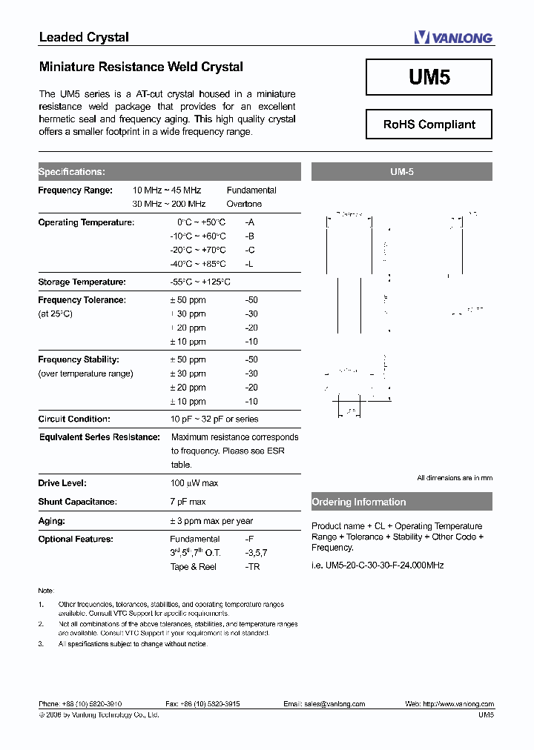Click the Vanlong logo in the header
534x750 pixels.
coord(452,37)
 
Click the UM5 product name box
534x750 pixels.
coord(429,77)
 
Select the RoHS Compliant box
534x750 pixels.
coord(429,125)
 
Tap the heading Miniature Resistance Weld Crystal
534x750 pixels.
coord(141,67)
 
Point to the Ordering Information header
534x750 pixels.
coord(359,502)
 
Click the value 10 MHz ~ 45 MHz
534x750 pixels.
coord(167,190)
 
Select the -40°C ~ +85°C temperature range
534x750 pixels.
coord(197,264)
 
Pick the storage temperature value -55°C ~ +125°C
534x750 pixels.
coord(200,282)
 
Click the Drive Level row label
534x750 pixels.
coord(62,483)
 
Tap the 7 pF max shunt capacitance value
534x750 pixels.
coord(188,502)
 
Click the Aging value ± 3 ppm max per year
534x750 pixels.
coord(211,521)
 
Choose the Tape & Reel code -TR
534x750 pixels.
coord(252,566)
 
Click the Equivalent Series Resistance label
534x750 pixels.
coord(99,437)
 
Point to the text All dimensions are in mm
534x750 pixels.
coord(454,478)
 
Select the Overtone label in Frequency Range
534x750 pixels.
coord(244,204)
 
